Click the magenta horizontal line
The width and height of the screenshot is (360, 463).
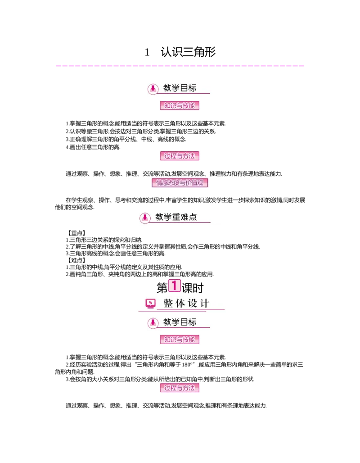tap(180, 67)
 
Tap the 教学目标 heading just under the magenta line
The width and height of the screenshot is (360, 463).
tap(180, 88)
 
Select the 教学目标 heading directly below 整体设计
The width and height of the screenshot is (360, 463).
tap(180, 322)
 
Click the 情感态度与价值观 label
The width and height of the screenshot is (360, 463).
tap(180, 183)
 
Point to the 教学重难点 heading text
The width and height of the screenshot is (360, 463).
tap(176, 218)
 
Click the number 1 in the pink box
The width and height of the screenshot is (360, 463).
tap(174, 285)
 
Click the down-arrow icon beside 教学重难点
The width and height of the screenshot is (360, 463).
tap(144, 218)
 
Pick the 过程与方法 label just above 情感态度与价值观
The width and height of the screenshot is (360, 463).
tap(180, 156)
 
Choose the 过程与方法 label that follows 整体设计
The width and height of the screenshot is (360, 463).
tap(180, 388)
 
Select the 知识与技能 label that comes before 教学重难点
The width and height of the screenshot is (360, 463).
tap(180, 106)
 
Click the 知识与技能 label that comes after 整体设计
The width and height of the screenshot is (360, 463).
tap(180, 340)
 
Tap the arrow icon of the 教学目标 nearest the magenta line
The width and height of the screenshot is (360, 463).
tap(153, 88)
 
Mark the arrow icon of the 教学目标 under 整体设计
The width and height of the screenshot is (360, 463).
tap(153, 322)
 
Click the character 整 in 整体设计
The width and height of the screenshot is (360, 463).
tap(168, 304)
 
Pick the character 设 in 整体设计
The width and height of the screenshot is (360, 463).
tap(193, 304)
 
